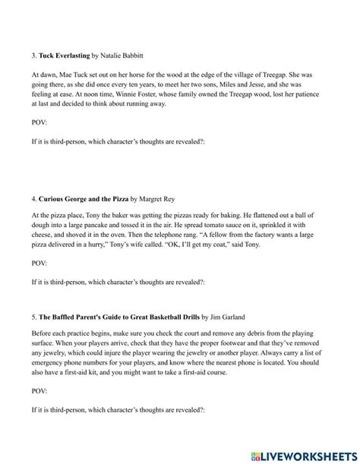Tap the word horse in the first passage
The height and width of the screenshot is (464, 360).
point(156,75)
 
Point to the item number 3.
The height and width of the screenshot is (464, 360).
point(33,56)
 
